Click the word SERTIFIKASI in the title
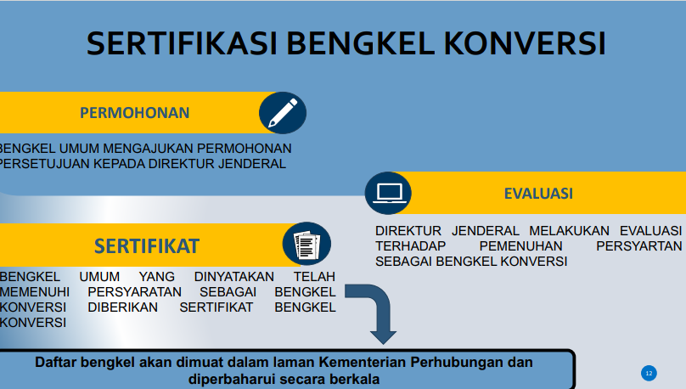182,44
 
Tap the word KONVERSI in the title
525,44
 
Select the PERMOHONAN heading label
135,113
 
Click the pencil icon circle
283,113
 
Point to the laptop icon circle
389,193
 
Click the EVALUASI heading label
538,194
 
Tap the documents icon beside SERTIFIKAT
306,244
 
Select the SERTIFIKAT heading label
147,246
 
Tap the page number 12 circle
649,373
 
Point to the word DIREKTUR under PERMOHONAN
181,164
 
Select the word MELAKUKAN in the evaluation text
569,231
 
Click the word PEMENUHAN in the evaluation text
520,246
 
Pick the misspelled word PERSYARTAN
638,246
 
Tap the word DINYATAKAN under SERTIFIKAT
234,277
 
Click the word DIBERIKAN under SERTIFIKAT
122,307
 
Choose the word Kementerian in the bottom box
363,363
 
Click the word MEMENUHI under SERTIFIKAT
35,292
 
